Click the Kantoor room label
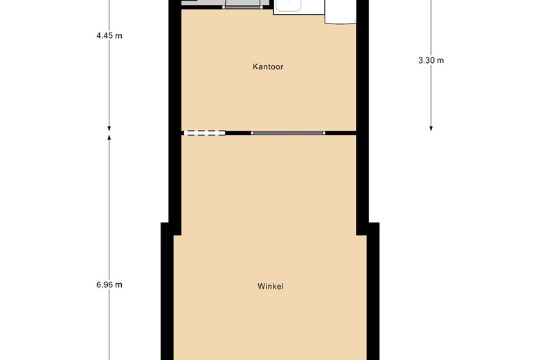pos(268,67)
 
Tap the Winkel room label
pos(271,286)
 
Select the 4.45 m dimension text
pos(109,36)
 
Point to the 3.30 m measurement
pos(431,60)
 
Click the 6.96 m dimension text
pos(109,285)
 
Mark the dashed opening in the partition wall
pos(204,132)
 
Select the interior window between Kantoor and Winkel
pos(287,132)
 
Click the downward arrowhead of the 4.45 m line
pos(109,127)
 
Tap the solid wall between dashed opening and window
pos(238,132)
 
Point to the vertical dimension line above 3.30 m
pos(431,28)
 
